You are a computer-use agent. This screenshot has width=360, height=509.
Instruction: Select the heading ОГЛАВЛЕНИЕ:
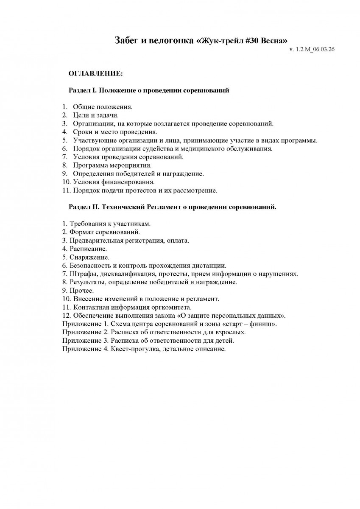coord(95,74)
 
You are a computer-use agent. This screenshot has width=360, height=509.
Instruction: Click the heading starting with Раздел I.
coord(149,90)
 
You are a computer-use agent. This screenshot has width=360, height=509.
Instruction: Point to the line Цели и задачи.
coord(96,115)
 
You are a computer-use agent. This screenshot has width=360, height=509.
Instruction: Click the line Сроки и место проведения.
coord(115,131)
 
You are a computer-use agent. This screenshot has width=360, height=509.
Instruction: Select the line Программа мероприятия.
coord(112,165)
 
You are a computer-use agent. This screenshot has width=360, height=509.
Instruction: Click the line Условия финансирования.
coord(112,182)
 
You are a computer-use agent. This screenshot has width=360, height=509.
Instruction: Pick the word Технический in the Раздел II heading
coord(124,207)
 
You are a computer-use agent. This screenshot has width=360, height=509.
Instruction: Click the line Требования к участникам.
coord(106,224)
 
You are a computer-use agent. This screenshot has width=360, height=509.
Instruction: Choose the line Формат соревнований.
coord(101,232)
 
